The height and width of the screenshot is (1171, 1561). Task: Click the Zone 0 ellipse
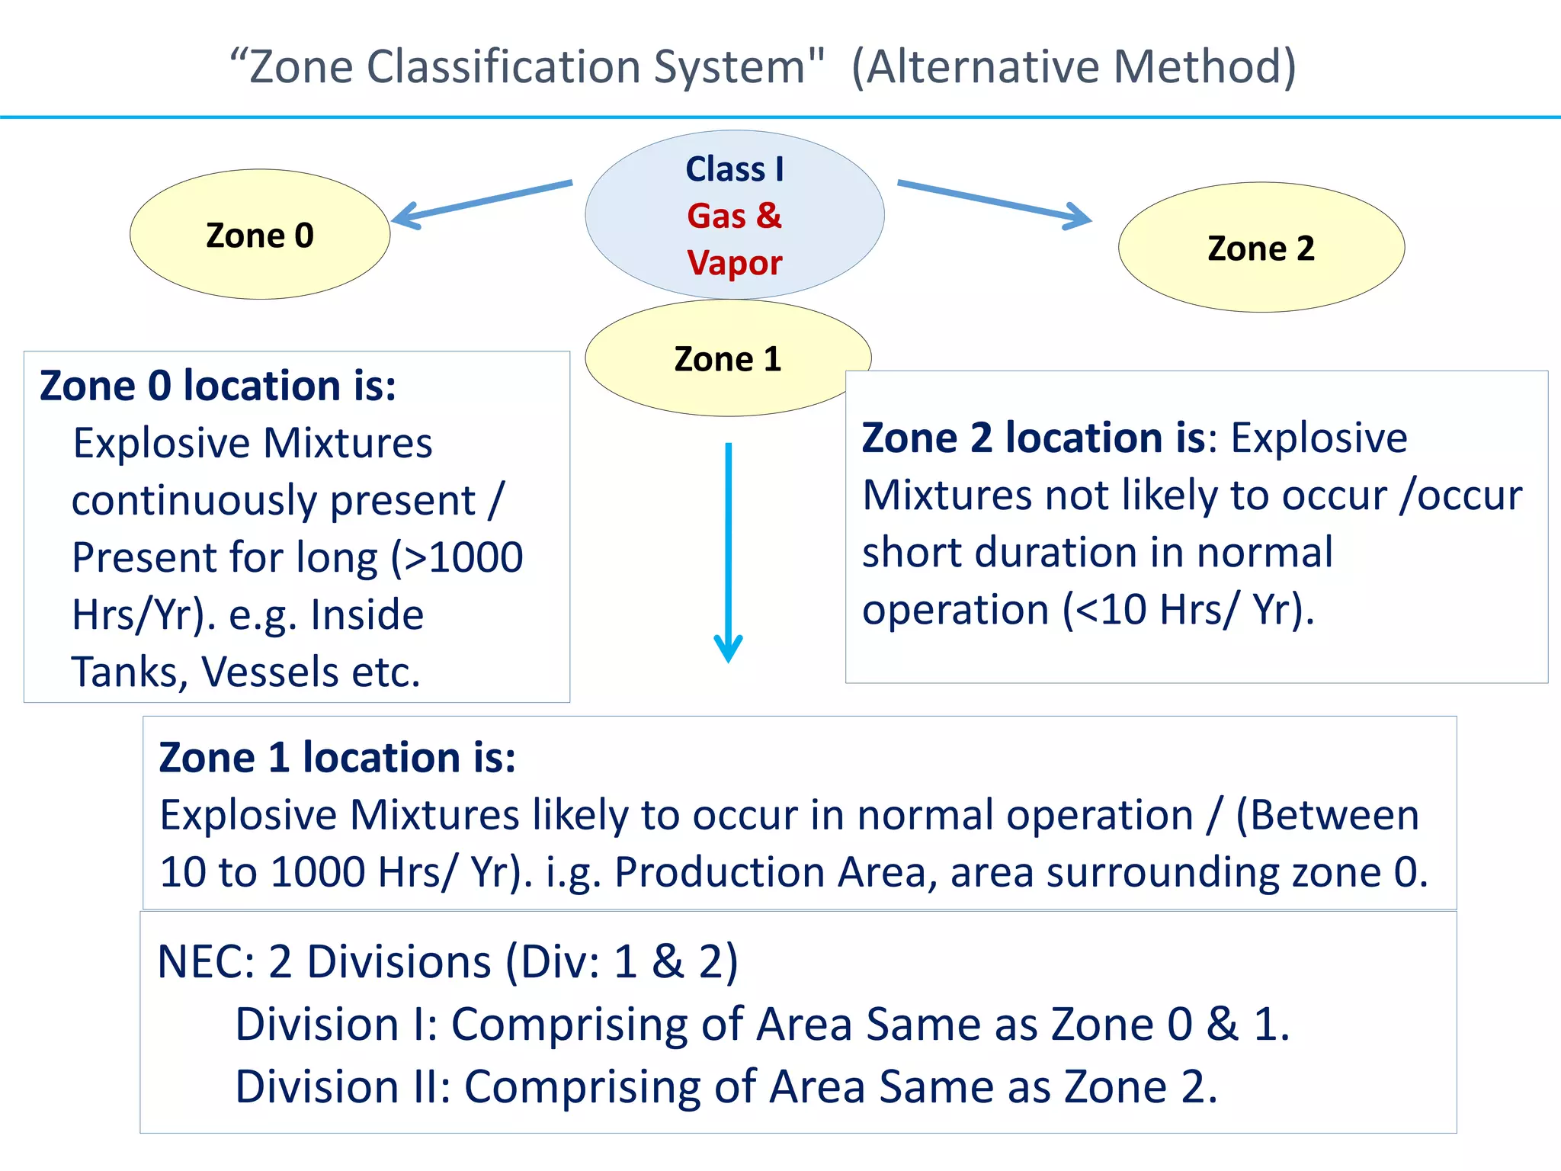[x=260, y=235]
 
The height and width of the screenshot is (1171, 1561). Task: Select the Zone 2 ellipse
[x=1261, y=248]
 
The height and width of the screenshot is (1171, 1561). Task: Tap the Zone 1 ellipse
[x=727, y=358]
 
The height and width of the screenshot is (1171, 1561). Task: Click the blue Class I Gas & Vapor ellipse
[x=734, y=215]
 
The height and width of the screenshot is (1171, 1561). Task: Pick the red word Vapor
[x=734, y=263]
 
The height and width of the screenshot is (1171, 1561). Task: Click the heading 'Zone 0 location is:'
[x=218, y=385]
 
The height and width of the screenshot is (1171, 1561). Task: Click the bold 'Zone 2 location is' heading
[x=1034, y=438]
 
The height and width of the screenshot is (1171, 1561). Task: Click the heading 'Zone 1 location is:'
[x=337, y=757]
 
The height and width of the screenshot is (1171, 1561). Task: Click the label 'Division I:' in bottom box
[x=335, y=1024]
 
